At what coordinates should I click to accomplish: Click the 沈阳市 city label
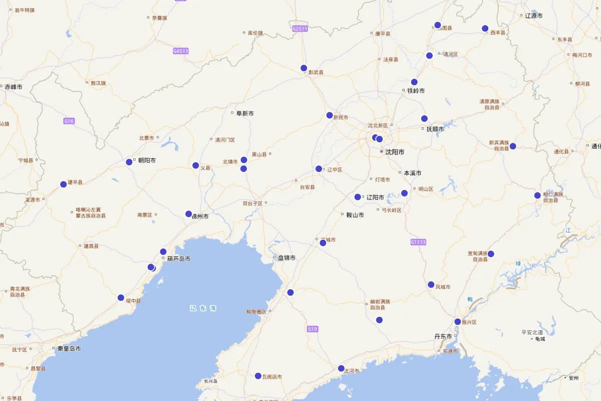(x=395, y=152)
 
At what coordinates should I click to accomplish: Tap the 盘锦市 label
(x=286, y=258)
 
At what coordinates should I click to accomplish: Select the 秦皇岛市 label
(x=69, y=348)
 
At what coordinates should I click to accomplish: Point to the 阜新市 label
(x=245, y=113)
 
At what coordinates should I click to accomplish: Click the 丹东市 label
(x=443, y=336)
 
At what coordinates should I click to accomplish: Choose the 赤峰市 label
(x=14, y=87)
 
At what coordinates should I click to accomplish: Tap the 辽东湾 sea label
(x=203, y=308)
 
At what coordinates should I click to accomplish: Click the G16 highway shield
(x=69, y=121)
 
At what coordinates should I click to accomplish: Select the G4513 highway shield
(x=180, y=51)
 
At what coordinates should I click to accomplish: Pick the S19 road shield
(x=313, y=329)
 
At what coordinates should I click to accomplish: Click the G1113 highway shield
(x=418, y=242)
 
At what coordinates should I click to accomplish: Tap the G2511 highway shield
(x=299, y=29)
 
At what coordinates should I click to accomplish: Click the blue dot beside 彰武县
(x=304, y=68)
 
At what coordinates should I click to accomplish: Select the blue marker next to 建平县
(x=64, y=184)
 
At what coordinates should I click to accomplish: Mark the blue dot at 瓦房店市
(x=258, y=376)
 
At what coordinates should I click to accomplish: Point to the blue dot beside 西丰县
(x=485, y=29)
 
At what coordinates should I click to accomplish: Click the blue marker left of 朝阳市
(x=129, y=162)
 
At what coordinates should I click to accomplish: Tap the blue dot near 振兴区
(x=458, y=322)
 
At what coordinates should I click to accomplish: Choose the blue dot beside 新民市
(x=330, y=115)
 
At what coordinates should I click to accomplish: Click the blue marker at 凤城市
(x=431, y=285)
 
